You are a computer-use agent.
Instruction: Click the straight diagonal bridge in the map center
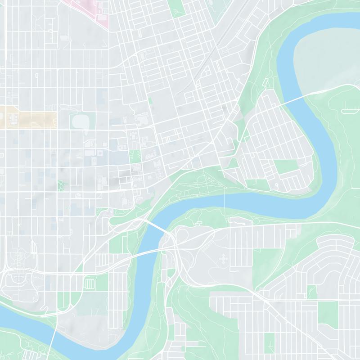tap(157, 227)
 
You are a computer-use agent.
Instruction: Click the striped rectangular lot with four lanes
tap(90, 283)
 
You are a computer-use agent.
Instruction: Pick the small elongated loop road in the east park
tap(351, 110)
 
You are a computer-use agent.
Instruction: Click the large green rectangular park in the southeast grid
tap(328, 313)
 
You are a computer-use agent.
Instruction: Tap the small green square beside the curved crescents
tap(311, 292)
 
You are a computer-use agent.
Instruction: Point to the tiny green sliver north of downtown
tap(150, 101)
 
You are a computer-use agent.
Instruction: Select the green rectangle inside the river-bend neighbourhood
tap(286, 167)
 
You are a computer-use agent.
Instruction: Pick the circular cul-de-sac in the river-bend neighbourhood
tap(277, 185)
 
